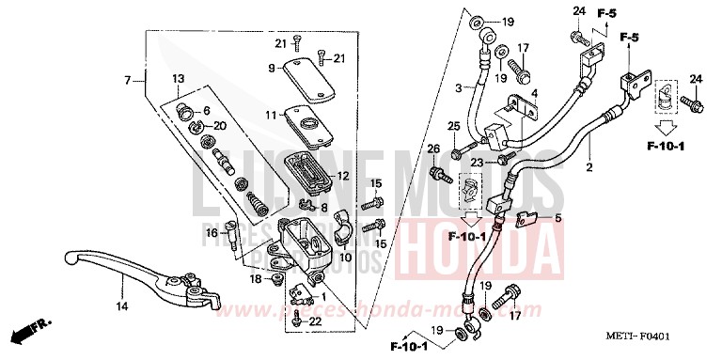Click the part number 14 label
click(x=122, y=306)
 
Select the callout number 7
click(x=128, y=81)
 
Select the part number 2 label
click(x=590, y=168)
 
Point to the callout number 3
click(x=462, y=87)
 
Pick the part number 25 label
click(x=453, y=126)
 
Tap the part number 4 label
click(x=532, y=94)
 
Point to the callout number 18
click(x=256, y=279)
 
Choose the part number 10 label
click(x=345, y=257)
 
